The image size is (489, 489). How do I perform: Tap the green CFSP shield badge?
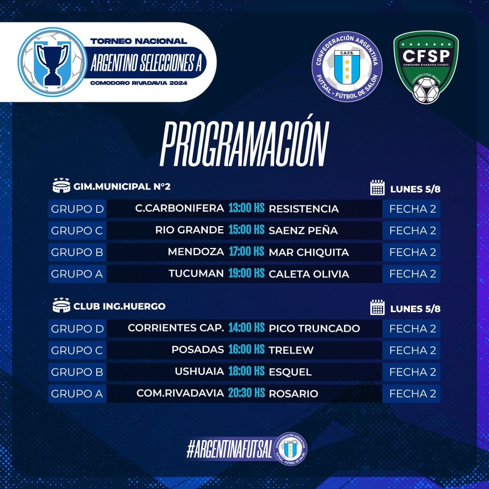click(426, 67)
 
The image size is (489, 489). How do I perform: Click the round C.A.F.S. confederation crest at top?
click(347, 66)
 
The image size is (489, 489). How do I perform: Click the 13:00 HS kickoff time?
click(247, 208)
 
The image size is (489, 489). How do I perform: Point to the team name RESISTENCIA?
click(304, 209)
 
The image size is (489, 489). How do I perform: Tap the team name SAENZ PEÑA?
click(303, 230)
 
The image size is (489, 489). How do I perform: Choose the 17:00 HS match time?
click(247, 251)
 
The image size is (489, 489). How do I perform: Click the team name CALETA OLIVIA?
click(309, 274)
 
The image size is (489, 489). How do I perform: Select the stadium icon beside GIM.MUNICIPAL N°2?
click(62, 185)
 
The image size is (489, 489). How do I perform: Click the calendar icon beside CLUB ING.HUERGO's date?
click(377, 307)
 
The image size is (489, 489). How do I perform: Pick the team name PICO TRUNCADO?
click(314, 328)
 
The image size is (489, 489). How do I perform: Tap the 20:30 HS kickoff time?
click(247, 393)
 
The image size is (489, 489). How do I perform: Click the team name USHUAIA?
click(199, 371)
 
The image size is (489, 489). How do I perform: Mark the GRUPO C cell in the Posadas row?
click(77, 350)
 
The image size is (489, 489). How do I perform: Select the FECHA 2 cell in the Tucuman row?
click(412, 274)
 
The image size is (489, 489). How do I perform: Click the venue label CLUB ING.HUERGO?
click(119, 306)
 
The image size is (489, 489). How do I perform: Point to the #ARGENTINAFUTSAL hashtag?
click(229, 449)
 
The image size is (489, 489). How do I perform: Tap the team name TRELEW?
click(291, 350)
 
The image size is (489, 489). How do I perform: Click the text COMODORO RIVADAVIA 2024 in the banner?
click(139, 83)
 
